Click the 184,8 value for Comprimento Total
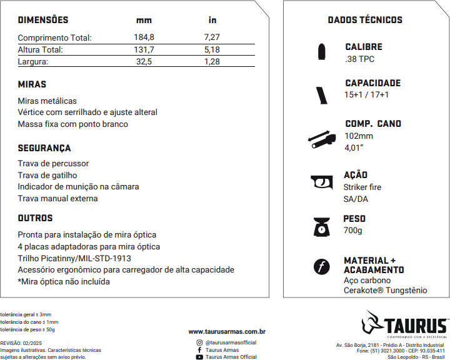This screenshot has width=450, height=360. click(144, 37)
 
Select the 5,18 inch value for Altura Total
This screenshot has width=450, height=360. click(212, 49)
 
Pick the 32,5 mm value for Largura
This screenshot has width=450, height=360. click(144, 61)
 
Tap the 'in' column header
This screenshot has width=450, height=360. click(212, 20)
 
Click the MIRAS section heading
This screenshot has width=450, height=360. click(32, 84)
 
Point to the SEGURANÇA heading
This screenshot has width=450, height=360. click(44, 148)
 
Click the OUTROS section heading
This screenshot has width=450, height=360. click(35, 218)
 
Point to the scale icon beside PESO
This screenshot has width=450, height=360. click(321, 226)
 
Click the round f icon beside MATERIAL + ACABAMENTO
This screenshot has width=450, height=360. click(321, 267)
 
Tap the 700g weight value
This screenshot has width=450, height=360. click(352, 231)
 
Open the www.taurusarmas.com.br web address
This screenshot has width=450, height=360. click(227, 331)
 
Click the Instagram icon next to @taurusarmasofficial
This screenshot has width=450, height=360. click(199, 342)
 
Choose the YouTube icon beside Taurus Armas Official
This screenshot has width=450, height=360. click(199, 357)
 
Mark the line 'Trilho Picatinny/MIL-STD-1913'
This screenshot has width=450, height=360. click(74, 258)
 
